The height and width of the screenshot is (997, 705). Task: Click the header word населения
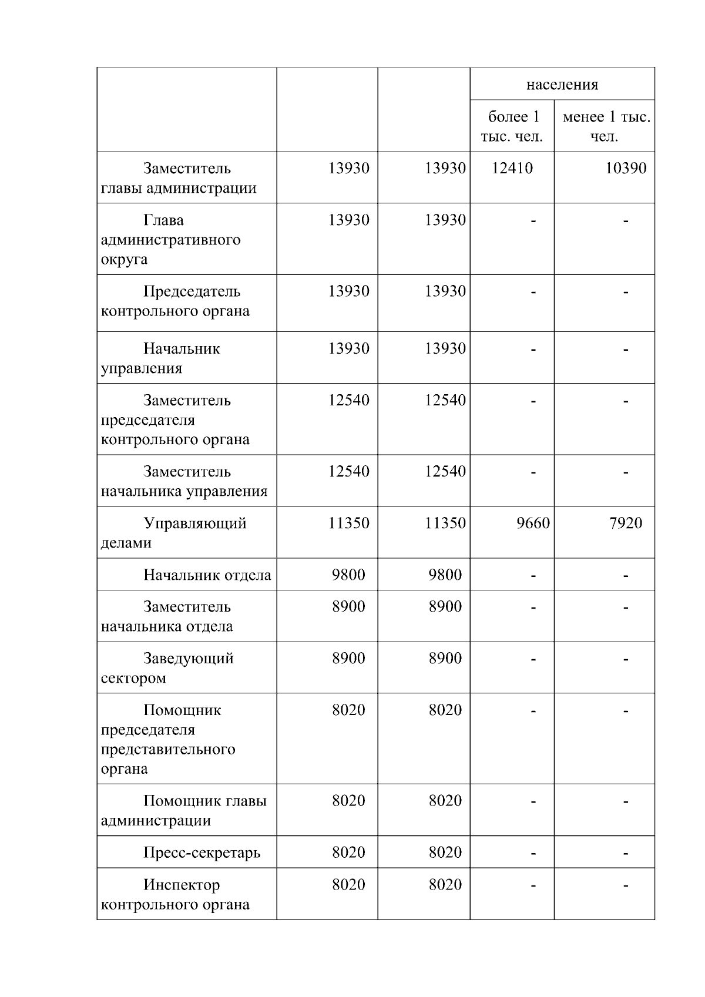click(x=562, y=85)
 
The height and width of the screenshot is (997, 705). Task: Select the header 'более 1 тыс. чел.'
click(x=512, y=126)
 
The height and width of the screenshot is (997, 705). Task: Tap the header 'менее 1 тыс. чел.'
click(x=606, y=126)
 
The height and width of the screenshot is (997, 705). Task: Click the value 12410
click(x=512, y=169)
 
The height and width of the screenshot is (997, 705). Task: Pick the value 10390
click(x=625, y=169)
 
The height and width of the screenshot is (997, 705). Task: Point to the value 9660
click(x=533, y=523)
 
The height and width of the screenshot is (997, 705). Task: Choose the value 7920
click(x=625, y=523)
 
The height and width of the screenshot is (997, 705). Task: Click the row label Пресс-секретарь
click(x=202, y=852)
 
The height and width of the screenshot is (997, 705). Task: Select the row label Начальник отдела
click(x=207, y=575)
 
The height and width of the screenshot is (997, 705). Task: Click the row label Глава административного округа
click(x=170, y=240)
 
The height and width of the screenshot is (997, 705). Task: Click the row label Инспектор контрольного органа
click(x=176, y=894)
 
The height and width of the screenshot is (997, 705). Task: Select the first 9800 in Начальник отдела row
click(x=348, y=575)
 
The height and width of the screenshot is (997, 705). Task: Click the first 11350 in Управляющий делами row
click(x=348, y=523)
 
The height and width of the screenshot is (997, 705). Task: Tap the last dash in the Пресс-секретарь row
click(x=626, y=853)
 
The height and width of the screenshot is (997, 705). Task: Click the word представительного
click(x=168, y=750)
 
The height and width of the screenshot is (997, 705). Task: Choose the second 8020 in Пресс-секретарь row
click(x=445, y=852)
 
